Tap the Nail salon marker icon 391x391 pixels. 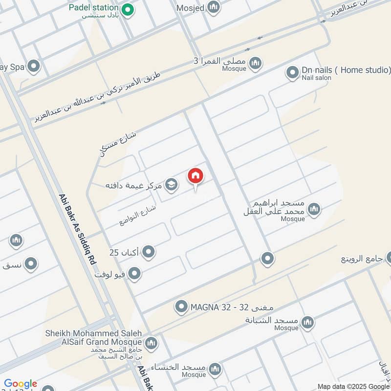292,73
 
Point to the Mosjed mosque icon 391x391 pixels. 213,7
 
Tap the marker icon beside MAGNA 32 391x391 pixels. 181,307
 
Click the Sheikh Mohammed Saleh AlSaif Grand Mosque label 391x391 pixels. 94,337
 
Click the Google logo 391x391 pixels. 21,384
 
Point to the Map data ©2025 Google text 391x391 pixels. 352,386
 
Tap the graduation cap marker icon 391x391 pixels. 171,184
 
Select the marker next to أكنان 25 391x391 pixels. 149,252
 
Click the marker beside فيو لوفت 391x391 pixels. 134,274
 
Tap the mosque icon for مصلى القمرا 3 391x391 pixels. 255,63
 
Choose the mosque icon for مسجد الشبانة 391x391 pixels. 307,322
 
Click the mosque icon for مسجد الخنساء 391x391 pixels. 214,369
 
